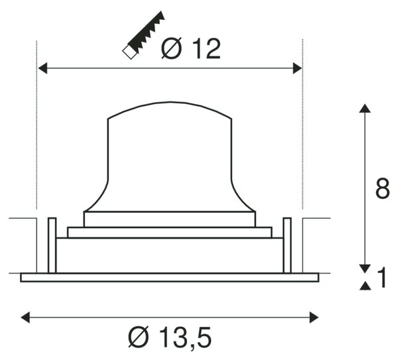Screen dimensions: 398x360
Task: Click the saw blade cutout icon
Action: [x=143, y=35]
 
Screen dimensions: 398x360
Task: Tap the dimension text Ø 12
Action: [x=191, y=48]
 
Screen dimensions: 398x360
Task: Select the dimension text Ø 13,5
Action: [x=170, y=337]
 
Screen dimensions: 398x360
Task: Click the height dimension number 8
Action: [x=382, y=189]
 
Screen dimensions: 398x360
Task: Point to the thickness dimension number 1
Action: [x=381, y=278]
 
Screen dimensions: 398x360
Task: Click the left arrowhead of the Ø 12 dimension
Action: [x=42, y=68]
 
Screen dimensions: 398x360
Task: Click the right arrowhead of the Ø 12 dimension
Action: [x=297, y=68]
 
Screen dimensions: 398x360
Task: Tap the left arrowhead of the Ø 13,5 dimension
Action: [x=25, y=318]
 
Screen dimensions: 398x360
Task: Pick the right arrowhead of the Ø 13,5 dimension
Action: [x=314, y=318]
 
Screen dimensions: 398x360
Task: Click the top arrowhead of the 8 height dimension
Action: [x=365, y=108]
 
